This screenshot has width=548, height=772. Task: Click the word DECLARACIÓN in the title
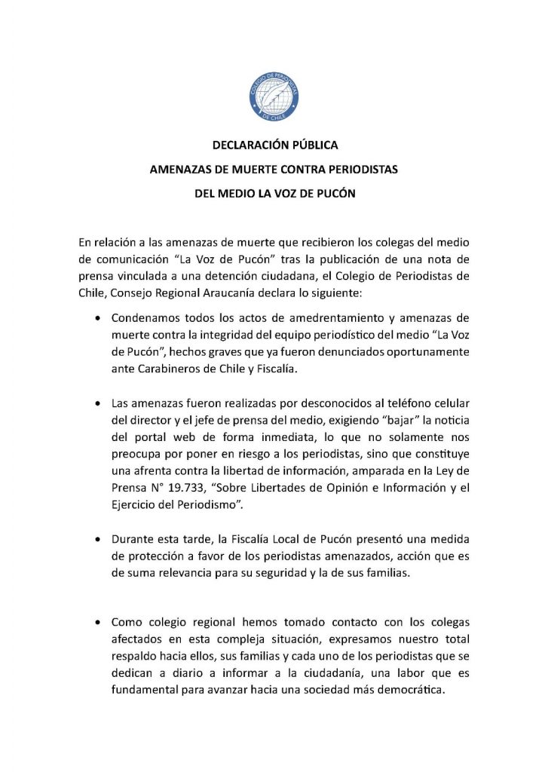pyautogui.click(x=244, y=146)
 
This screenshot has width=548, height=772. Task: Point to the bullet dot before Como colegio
pyautogui.click(x=97, y=623)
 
